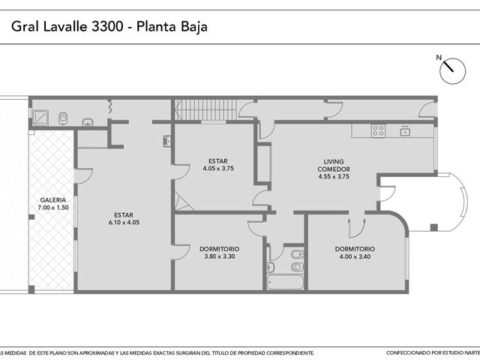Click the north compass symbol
[x=452, y=71]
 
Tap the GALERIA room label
[x=53, y=200]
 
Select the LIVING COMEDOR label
[x=334, y=165]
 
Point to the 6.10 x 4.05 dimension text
[x=124, y=223]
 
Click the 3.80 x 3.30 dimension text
[x=220, y=256]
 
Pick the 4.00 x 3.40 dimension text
[x=355, y=256]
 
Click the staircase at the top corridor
[x=206, y=109]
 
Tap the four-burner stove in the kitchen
[x=378, y=130]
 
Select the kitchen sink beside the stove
[x=405, y=131]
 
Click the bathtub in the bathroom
[x=285, y=283]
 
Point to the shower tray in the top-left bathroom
[x=40, y=118]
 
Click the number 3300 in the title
[x=107, y=27]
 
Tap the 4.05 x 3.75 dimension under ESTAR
[x=218, y=168]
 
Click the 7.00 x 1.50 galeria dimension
[x=53, y=208]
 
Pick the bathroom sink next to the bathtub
[x=271, y=267]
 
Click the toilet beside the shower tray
[x=63, y=118]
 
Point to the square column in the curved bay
[x=433, y=227]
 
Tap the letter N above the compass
[x=439, y=57]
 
